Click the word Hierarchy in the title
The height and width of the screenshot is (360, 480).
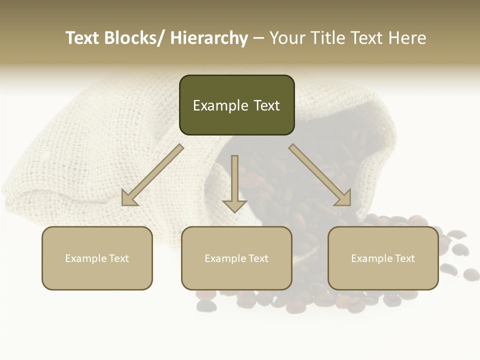(x=209, y=38)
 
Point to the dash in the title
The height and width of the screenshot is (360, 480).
(x=258, y=38)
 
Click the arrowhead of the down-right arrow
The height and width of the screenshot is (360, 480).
(x=344, y=198)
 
